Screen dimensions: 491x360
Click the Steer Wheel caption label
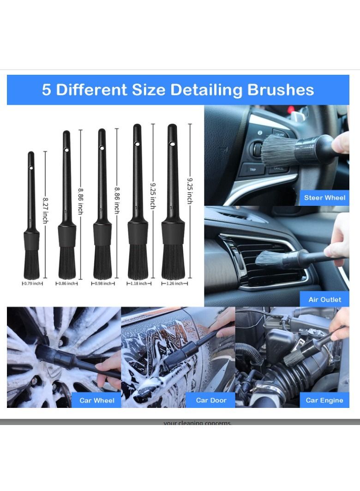tap(324, 198)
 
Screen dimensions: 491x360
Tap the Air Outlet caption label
tap(324, 299)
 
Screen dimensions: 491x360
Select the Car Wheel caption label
tap(97, 400)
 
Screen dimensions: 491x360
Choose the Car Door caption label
tap(211, 400)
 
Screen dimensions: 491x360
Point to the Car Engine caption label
tap(324, 400)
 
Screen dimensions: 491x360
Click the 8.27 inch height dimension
tap(45, 210)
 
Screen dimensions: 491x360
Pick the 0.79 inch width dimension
tap(33, 283)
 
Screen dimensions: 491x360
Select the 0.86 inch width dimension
tap(67, 283)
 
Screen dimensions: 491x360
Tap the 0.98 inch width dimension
tap(102, 283)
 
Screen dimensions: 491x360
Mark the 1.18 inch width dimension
tap(138, 283)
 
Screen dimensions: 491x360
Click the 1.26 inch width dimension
tap(173, 283)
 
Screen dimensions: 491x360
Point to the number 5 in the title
tap(47, 90)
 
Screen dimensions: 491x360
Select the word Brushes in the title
tap(281, 90)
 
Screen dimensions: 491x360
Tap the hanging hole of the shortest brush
tap(31, 168)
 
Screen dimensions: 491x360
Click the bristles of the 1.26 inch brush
tap(173, 262)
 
